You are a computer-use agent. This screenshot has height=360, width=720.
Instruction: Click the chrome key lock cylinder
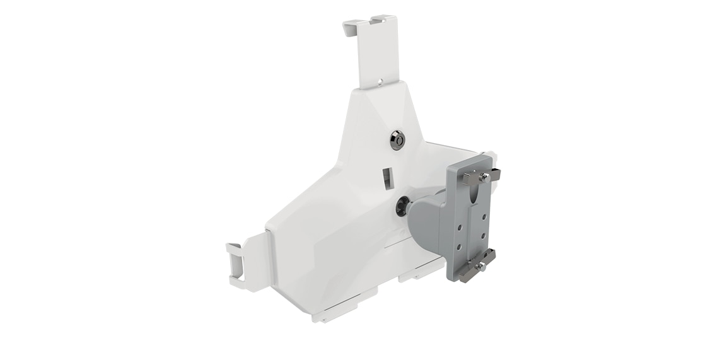click(397, 140)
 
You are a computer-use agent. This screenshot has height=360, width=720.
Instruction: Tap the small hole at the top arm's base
click(380, 81)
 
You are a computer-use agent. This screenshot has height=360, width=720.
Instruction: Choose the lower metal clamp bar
click(478, 265)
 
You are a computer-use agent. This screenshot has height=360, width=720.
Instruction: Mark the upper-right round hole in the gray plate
click(484, 216)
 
